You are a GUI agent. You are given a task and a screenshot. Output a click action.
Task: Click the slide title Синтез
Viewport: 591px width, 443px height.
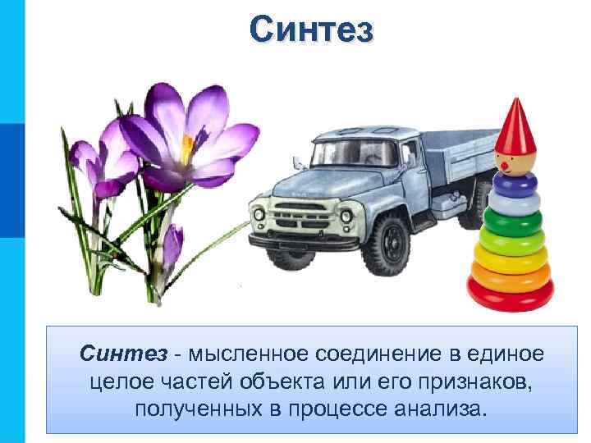click(x=312, y=30)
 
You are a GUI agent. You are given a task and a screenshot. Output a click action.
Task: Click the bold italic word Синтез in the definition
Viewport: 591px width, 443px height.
click(x=123, y=354)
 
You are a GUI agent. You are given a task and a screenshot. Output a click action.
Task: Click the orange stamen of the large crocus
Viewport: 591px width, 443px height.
click(x=187, y=148)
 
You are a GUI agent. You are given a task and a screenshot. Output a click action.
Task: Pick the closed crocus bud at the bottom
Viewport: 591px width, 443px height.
click(x=172, y=246)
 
